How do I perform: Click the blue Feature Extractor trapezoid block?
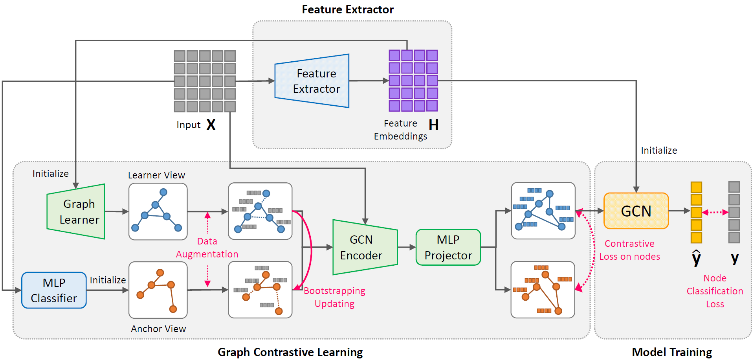click(x=313, y=81)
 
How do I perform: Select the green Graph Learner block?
click(x=77, y=211)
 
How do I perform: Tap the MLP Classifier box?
click(x=54, y=290)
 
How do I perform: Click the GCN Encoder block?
click(x=363, y=247)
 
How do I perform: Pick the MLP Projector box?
click(x=448, y=247)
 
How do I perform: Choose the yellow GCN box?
click(x=636, y=211)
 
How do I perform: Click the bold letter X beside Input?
click(x=211, y=125)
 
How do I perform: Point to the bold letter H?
click(x=433, y=125)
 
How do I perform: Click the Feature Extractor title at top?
click(x=347, y=9)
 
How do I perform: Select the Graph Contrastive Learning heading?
click(x=290, y=352)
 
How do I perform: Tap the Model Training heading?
click(x=671, y=352)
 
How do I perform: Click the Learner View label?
click(x=156, y=175)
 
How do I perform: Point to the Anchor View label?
click(x=158, y=329)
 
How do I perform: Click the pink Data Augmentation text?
click(x=207, y=248)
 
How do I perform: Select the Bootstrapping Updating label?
click(x=334, y=297)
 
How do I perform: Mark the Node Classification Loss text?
click(x=715, y=291)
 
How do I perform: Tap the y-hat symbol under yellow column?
click(x=696, y=258)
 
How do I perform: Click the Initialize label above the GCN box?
click(x=659, y=151)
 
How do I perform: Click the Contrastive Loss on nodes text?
click(x=629, y=250)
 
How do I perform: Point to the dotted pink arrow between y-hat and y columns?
click(x=715, y=212)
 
